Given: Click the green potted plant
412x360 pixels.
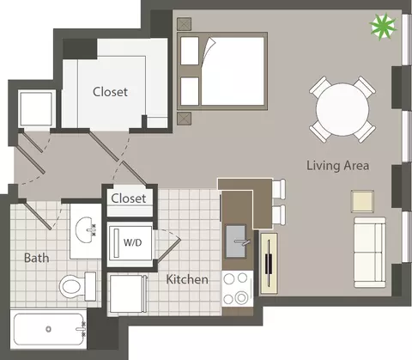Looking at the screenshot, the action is [383, 27].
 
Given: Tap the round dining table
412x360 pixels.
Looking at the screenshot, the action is [342, 109].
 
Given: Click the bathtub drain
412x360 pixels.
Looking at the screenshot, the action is [49, 329].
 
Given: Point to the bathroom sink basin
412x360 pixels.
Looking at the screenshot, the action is [86, 229].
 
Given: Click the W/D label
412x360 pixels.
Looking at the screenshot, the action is [132, 242].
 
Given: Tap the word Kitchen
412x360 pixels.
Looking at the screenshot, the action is [187, 279].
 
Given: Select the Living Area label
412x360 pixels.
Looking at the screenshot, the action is [338, 166].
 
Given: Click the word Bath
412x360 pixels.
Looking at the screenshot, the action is [37, 258].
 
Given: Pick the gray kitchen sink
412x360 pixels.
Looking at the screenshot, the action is [236, 241].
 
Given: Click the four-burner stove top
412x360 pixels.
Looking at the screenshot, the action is [238, 289].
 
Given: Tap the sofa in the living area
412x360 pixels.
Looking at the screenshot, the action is [370, 253].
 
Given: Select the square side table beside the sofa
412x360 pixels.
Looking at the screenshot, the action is [362, 201].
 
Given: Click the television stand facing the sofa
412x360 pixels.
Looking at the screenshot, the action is [269, 264].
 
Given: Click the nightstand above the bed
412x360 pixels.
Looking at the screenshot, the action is [184, 24].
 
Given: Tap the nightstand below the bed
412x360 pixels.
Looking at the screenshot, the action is [184, 119].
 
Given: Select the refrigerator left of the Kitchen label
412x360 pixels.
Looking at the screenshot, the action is [127, 294].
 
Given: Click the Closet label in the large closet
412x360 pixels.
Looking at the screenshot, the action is [110, 92].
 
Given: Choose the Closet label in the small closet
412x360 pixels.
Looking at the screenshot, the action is [129, 198].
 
